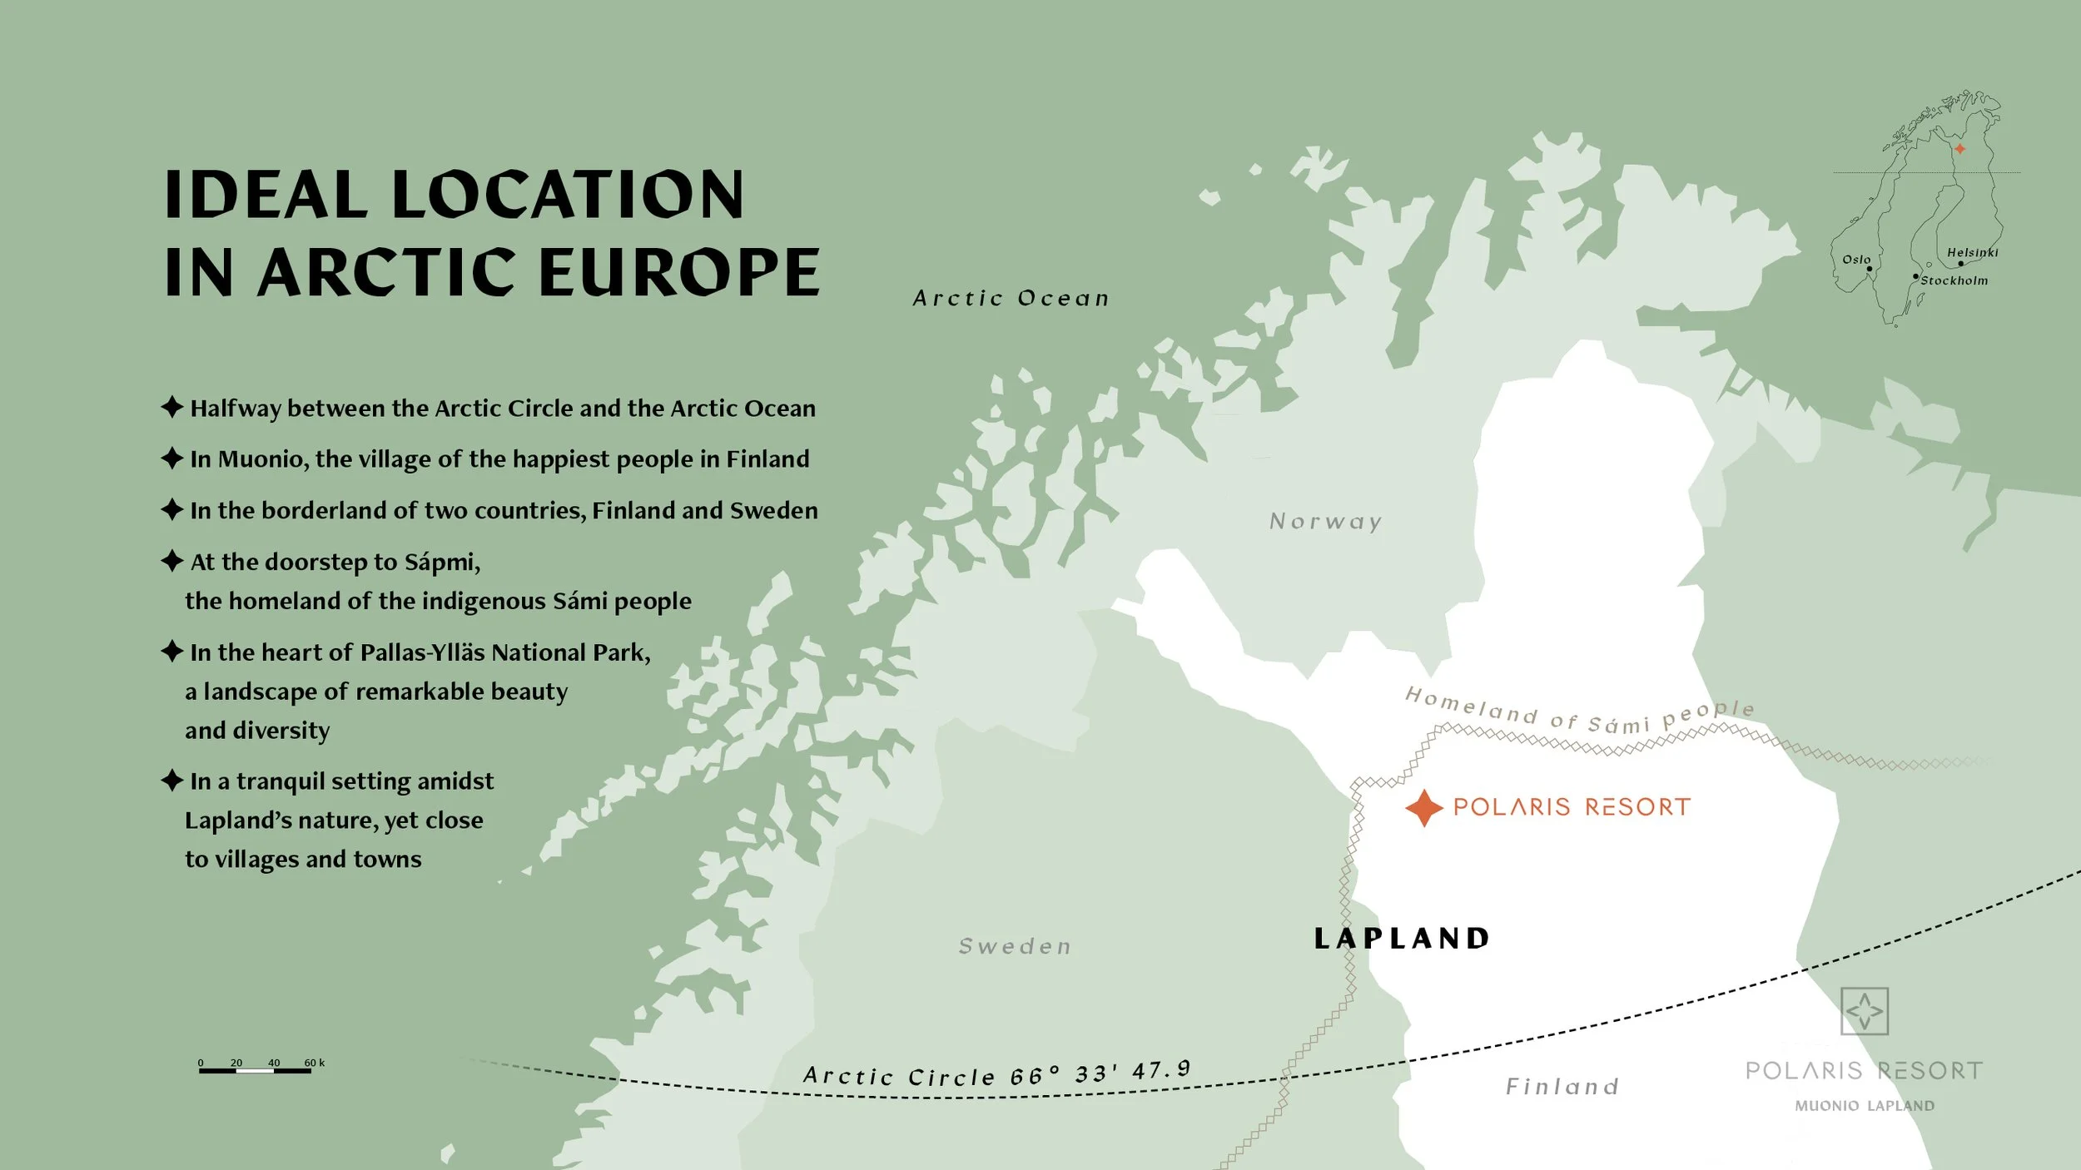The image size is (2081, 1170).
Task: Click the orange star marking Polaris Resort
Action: [1423, 808]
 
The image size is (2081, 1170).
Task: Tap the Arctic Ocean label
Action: [1011, 299]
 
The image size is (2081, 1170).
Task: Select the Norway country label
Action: [1325, 522]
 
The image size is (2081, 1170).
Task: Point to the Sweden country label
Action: [1015, 946]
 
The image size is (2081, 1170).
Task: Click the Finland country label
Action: [1562, 1087]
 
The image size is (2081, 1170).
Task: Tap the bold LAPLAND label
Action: [1402, 939]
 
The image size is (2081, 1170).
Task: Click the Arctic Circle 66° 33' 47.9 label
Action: [996, 1074]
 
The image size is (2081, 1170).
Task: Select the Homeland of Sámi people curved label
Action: [1579, 712]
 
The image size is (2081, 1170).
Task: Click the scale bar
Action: [255, 1070]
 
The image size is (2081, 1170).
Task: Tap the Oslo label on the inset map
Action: [1855, 260]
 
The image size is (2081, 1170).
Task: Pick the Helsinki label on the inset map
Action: [1972, 252]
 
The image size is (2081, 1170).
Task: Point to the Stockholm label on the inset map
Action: [1954, 280]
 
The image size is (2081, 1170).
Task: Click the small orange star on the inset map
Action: [1960, 149]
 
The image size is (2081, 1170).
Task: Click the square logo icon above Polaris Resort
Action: [1864, 1011]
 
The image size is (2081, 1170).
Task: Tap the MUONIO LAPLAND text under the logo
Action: [1864, 1106]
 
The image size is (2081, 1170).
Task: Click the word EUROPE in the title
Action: [679, 272]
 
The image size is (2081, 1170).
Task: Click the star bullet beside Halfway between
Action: [172, 408]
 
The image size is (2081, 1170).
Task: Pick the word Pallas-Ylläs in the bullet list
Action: [422, 652]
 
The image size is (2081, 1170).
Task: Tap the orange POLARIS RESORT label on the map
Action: [1572, 807]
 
